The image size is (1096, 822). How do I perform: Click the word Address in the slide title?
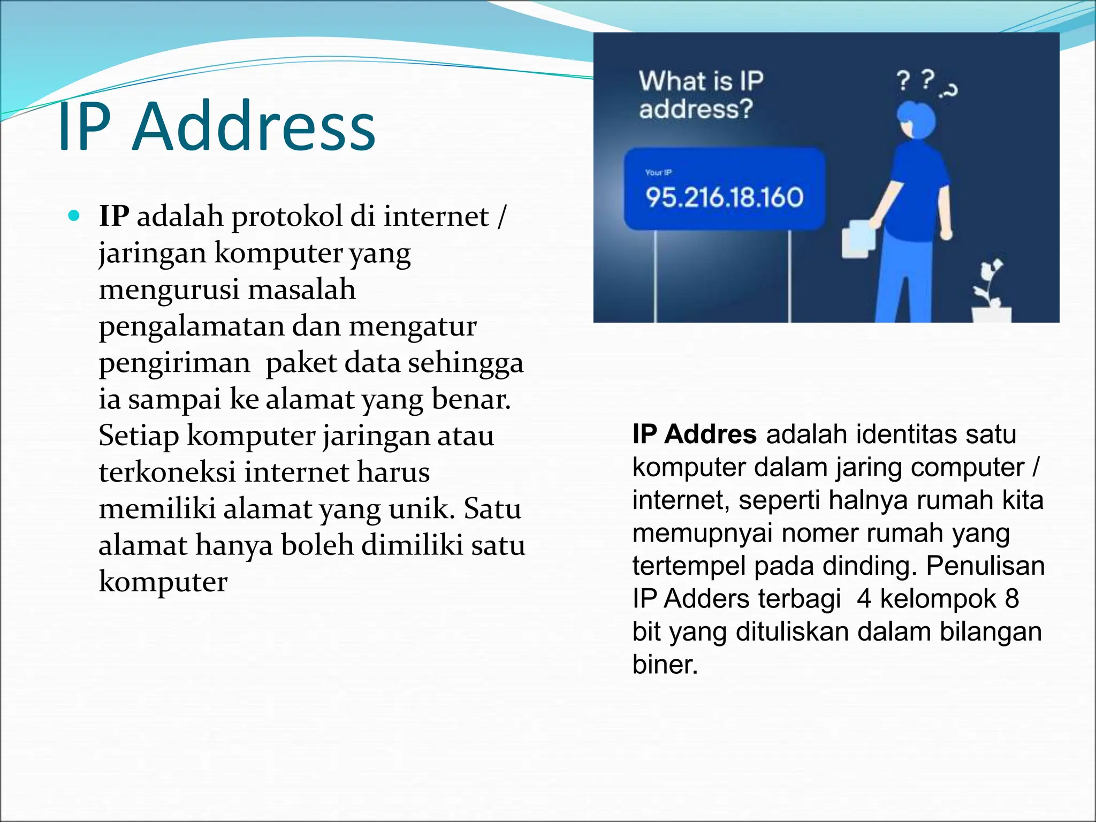(x=254, y=127)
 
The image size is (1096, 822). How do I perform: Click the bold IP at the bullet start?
(x=114, y=216)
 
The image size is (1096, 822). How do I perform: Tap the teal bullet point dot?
(x=74, y=216)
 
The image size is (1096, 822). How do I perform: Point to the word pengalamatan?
(x=191, y=326)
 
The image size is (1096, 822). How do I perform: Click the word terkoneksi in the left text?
(x=167, y=472)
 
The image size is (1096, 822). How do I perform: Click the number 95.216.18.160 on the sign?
(x=724, y=197)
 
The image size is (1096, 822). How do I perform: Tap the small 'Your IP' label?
(x=658, y=172)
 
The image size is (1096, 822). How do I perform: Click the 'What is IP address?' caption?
(x=701, y=95)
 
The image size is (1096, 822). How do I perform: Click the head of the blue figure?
(x=917, y=120)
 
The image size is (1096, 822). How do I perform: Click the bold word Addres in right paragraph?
(x=710, y=434)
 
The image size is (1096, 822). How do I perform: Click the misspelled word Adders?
(x=699, y=599)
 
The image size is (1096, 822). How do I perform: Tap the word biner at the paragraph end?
(x=665, y=665)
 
